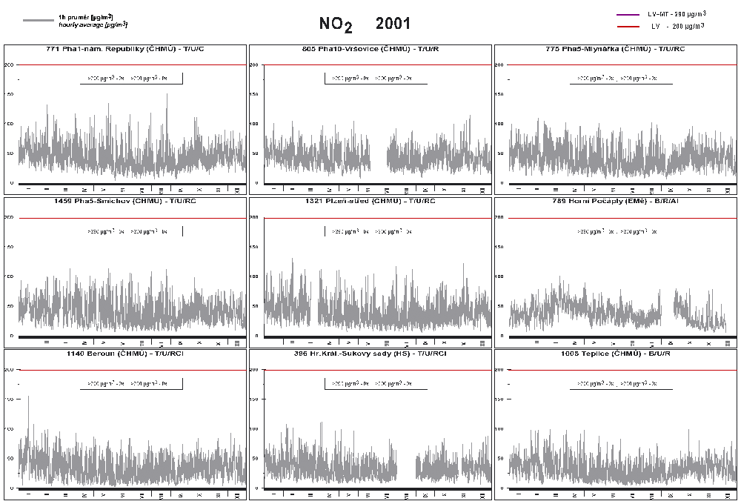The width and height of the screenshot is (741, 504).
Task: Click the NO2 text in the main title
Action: [336, 24]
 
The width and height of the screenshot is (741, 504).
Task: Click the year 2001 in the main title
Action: [393, 24]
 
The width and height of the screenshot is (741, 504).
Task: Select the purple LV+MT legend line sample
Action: [628, 14]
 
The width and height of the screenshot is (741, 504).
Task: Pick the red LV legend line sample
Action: [628, 26]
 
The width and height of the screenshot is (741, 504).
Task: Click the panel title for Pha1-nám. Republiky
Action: [124, 49]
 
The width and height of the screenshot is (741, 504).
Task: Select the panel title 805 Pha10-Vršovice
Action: [370, 49]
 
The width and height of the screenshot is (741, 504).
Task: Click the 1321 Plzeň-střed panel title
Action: [370, 201]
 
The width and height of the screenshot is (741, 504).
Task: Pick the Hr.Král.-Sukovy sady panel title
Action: [370, 354]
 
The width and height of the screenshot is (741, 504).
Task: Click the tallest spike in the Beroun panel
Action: [29, 397]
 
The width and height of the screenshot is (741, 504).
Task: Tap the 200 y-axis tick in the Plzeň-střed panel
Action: [254, 218]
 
